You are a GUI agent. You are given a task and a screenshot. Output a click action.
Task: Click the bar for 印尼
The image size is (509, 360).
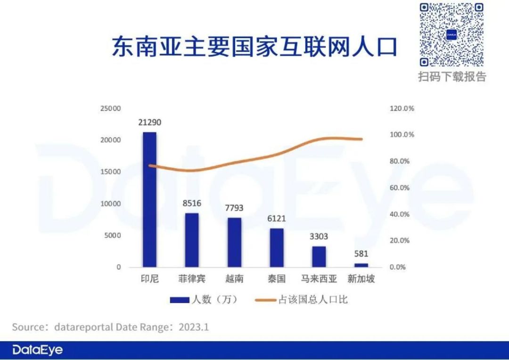coord(149,199)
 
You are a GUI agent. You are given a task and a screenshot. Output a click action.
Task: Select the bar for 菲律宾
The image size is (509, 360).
coord(192,240)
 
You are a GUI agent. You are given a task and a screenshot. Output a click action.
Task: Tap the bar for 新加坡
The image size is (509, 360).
coord(361,265)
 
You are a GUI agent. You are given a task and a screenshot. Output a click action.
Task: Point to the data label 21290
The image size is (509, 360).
coord(150,123)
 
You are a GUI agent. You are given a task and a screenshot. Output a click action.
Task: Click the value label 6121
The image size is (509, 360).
coord(277,219)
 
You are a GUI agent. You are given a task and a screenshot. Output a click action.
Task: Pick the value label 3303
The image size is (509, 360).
coord(319,237)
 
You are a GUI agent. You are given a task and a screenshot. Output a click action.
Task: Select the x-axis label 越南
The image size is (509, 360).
coord(234,279)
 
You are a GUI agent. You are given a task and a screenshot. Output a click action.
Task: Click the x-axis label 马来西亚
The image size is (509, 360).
coord(319,279)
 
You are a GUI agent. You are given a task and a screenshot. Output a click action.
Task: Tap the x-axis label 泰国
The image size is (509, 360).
coord(277,279)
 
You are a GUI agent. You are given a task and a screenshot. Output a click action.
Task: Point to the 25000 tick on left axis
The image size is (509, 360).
coord(110,108)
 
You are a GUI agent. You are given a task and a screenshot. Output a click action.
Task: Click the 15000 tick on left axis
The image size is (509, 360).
coord(110,172)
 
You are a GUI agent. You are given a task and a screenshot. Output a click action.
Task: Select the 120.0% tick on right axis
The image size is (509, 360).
coord(402,108)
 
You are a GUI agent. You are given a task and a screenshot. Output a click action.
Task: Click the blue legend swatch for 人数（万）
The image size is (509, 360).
coord(179,300)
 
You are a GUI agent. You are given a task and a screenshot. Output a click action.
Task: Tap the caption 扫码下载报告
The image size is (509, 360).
coord(452,76)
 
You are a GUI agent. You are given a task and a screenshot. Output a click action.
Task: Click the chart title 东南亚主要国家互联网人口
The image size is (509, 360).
coord(254,48)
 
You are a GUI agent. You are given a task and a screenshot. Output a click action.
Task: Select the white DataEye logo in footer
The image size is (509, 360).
coord(37,350)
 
